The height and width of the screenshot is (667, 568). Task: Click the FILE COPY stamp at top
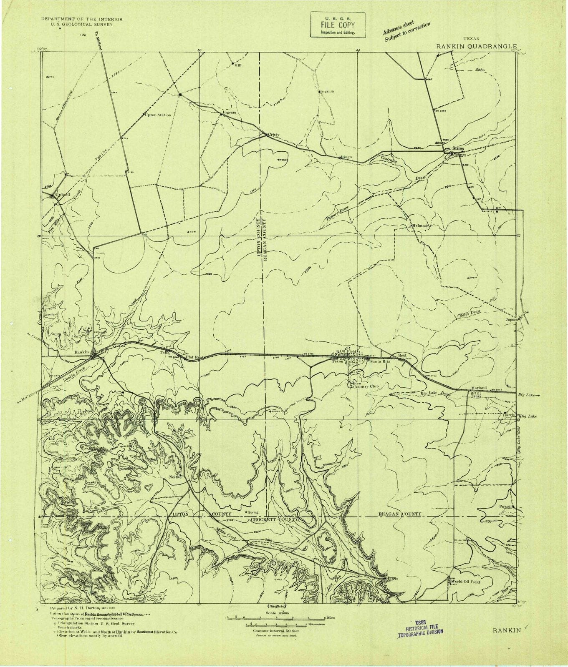(338, 25)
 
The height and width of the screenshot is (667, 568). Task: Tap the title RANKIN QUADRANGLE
(477, 47)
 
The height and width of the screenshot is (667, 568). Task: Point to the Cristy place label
(273, 135)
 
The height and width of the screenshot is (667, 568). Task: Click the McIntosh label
(421, 226)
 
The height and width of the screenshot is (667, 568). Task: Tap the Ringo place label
(347, 157)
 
